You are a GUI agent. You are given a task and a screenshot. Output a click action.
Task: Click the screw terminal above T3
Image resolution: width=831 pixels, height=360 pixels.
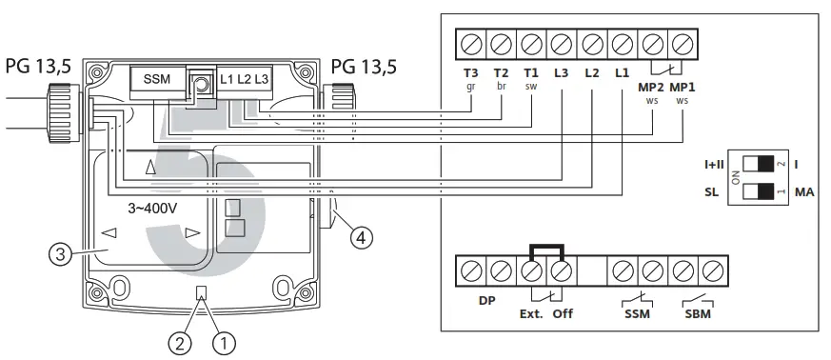point(471,44)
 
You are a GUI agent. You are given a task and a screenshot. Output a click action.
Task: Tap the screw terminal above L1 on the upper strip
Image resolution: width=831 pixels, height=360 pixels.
point(623,44)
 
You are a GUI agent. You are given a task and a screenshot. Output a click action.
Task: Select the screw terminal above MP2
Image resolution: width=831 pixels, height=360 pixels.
point(653,44)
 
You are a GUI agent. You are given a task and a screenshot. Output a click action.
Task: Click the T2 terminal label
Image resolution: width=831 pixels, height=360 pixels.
point(501,73)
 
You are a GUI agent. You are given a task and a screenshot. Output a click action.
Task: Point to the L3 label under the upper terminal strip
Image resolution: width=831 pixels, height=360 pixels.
point(562,73)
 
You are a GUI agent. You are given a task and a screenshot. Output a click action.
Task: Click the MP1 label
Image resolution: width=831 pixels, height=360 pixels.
point(683,88)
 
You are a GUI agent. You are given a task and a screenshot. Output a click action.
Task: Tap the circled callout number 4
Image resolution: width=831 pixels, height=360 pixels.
point(361,238)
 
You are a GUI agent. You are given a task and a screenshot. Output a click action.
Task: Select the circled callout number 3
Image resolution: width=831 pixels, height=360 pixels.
point(60,255)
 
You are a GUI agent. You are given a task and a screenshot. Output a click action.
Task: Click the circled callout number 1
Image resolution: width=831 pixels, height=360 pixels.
point(224,344)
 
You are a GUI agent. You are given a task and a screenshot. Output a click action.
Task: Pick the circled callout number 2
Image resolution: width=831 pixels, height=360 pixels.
point(180,344)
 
